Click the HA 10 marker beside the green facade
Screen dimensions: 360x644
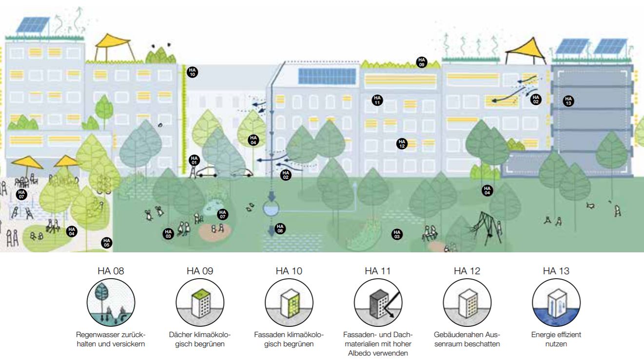pyautogui.click(x=192, y=72)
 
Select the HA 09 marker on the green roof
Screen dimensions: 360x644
pyautogui.click(x=421, y=62)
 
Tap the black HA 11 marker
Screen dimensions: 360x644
pyautogui.click(x=377, y=100)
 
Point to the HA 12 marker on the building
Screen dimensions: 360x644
pyautogui.click(x=402, y=144)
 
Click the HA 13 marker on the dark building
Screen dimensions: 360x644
pyautogui.click(x=568, y=101)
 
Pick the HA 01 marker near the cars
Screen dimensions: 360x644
pyautogui.click(x=194, y=160)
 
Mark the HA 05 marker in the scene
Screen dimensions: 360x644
pyautogui.click(x=106, y=242)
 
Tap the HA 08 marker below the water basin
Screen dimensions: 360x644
pyautogui.click(x=280, y=227)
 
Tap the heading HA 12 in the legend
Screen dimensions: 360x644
pyautogui.click(x=467, y=271)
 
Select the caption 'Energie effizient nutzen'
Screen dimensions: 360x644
pyautogui.click(x=556, y=339)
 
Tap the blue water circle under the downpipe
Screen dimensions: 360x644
pyautogui.click(x=269, y=209)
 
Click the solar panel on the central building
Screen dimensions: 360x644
pyautogui.click(x=320, y=76)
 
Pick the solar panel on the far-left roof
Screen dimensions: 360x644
pyautogui.click(x=33, y=25)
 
